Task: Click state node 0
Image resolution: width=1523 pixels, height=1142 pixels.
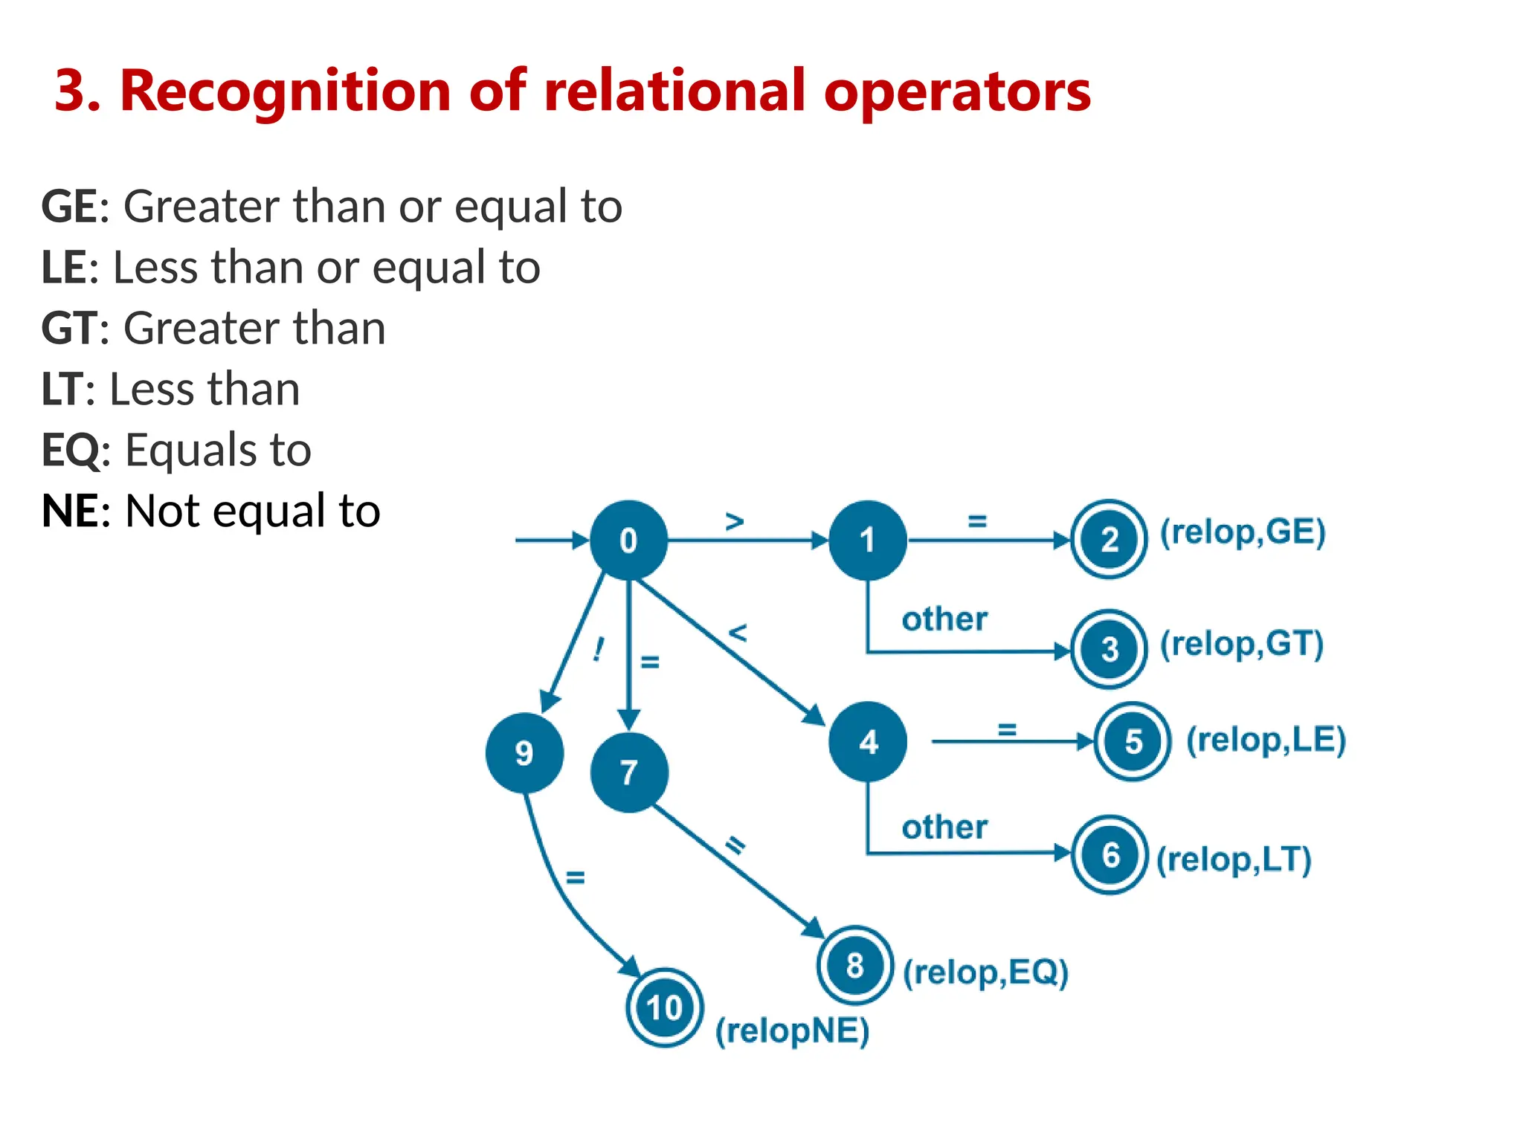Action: [x=628, y=541]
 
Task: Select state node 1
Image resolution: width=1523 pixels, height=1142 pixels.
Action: [x=868, y=541]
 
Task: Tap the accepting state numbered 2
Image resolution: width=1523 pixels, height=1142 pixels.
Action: [x=1109, y=540]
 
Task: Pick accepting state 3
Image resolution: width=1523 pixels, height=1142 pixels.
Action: [x=1109, y=649]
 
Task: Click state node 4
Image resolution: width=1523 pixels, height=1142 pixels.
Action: [x=868, y=741]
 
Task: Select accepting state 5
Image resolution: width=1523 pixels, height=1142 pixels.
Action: [x=1133, y=741]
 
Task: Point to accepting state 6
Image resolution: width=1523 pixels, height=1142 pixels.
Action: [x=1110, y=855]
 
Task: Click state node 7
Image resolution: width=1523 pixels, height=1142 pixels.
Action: [x=629, y=772]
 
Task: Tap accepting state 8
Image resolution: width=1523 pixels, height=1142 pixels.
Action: [x=854, y=966]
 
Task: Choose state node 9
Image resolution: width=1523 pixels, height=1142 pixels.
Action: [x=524, y=753]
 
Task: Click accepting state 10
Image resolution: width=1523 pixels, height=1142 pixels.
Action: [x=664, y=1008]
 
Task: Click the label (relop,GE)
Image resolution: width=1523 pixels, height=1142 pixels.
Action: [x=1243, y=532]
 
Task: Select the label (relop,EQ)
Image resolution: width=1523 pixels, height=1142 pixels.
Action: [x=985, y=972]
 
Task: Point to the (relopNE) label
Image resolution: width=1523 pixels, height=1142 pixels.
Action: [x=792, y=1031]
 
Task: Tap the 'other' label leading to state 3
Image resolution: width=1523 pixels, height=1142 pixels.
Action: [x=944, y=619]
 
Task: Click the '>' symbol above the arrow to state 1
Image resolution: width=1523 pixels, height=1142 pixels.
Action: [x=735, y=522]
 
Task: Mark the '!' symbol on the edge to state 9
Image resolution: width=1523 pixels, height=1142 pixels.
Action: [x=599, y=650]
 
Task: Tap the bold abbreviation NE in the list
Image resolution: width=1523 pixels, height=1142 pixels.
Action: [x=69, y=512]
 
